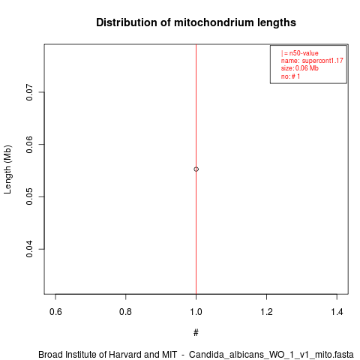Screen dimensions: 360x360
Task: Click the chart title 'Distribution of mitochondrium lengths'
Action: pos(196,22)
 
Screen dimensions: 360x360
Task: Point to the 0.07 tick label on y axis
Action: pos(29,92)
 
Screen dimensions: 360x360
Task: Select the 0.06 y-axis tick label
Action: pos(29,145)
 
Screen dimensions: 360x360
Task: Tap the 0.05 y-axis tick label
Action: pos(29,196)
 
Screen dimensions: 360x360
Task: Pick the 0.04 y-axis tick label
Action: pos(29,249)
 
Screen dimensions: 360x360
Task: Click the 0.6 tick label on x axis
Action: pos(55,312)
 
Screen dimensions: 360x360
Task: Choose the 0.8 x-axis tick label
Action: pos(126,312)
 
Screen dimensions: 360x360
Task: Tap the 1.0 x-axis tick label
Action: pos(196,312)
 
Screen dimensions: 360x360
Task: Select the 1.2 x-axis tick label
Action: pos(266,312)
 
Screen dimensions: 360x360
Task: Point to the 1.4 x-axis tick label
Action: pos(337,312)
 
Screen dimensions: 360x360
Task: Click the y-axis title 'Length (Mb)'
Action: pos(7,169)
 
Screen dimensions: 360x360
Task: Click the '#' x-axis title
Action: pos(196,333)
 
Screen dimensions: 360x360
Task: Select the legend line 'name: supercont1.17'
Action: pos(312,61)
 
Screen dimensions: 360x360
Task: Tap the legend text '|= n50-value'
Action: pos(300,53)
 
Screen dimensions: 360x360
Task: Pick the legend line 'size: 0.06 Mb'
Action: pos(300,68)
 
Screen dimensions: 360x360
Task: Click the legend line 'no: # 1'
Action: pos(290,76)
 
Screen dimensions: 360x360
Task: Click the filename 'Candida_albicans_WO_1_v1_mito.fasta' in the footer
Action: pos(271,355)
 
